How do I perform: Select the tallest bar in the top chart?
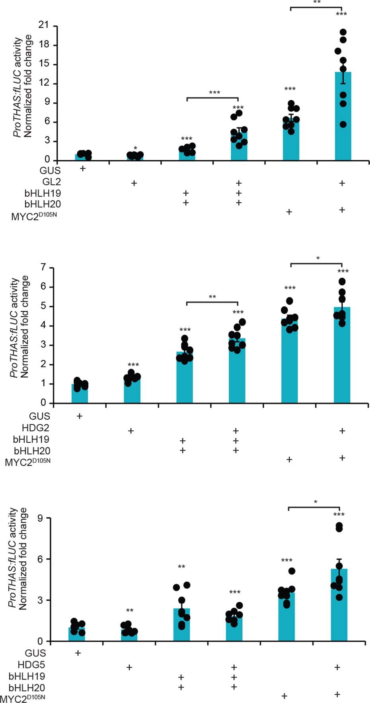(343, 119)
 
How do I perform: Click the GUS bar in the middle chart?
(80, 394)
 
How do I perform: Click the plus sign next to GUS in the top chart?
(83, 168)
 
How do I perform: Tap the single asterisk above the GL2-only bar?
(135, 148)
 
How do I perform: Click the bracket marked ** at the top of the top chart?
(316, 7)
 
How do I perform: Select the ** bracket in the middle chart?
(212, 302)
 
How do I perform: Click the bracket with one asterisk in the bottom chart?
(314, 507)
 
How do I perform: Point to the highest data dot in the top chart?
(343, 32)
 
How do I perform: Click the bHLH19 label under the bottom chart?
(27, 676)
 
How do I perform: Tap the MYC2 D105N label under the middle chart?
(27, 462)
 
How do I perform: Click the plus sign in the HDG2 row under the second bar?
(130, 431)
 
